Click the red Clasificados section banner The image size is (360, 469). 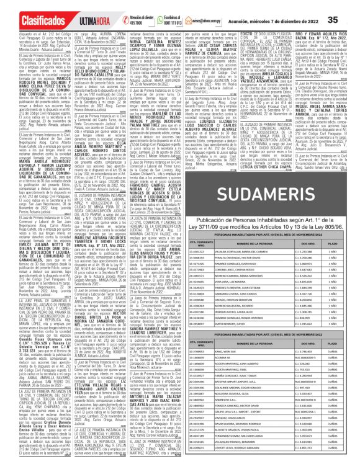click(27, 20)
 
